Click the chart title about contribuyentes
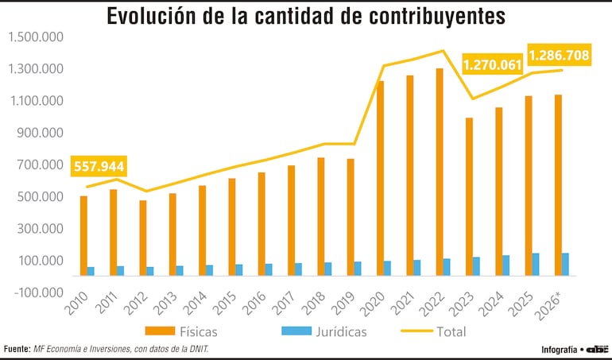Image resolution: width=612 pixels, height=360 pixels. pos(306,16)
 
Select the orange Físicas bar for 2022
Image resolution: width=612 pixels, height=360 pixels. pos(440,172)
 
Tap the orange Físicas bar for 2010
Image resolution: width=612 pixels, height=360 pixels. pos(83,236)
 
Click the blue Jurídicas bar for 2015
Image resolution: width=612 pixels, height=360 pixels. pos(239,270)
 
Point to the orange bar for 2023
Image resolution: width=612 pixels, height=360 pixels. pos(470,197)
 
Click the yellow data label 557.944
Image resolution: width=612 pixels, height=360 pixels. pos(99,167)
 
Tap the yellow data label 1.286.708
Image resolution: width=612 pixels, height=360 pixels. pos(559,55)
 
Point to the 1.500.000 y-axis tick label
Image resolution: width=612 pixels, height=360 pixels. pos(35,37)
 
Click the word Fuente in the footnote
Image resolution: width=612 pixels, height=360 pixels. pos(17,349)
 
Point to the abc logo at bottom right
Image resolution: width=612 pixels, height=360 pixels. pos(597,349)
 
